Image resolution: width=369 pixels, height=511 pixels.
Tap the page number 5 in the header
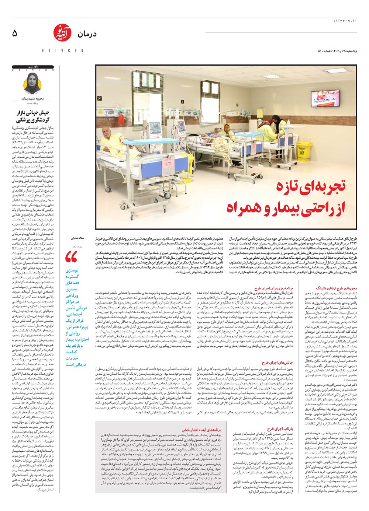15,34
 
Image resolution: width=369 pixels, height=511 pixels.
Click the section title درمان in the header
87,34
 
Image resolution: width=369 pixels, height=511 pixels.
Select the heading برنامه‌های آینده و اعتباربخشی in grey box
201,430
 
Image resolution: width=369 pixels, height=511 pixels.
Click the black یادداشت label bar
33,67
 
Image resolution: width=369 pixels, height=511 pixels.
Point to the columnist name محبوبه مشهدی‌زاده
33,99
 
